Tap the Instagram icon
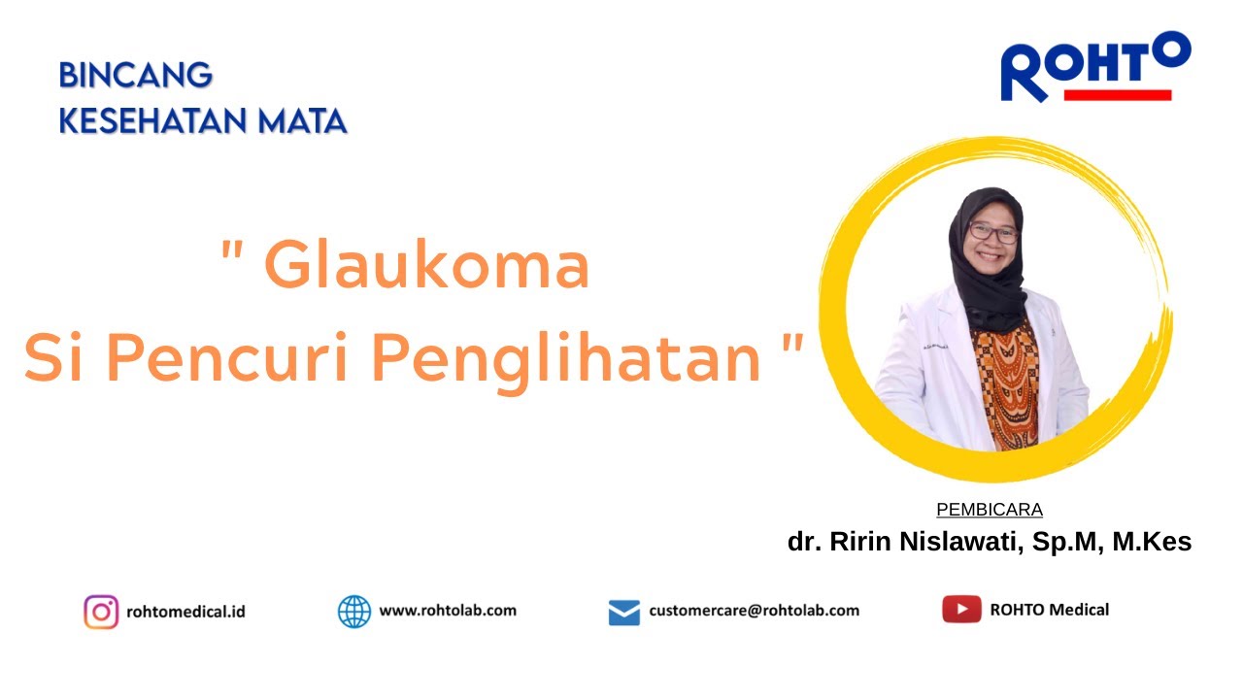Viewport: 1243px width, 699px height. click(101, 612)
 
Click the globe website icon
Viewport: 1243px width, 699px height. click(354, 612)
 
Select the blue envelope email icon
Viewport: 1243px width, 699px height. click(624, 613)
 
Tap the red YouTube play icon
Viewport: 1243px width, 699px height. click(961, 610)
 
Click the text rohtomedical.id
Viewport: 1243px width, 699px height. click(185, 612)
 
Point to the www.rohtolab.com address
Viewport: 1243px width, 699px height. click(448, 611)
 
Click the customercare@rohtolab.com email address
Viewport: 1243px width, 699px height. click(754, 611)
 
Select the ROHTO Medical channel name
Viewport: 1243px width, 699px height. click(1049, 610)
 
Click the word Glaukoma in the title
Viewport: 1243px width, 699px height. click(427, 266)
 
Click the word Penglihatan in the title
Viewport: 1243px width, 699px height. click(565, 359)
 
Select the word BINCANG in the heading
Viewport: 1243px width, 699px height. click(135, 76)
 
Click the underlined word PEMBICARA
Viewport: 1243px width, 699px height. click(990, 510)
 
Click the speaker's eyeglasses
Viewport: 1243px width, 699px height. click(992, 233)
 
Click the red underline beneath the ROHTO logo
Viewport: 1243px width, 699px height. click(1118, 95)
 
